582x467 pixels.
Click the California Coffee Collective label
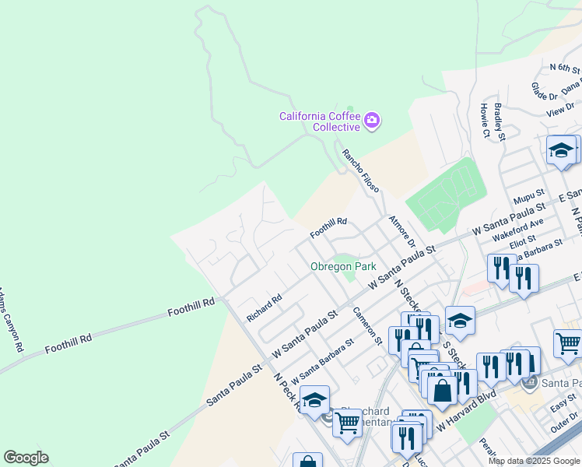coord(320,121)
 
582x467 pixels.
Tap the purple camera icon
coord(372,120)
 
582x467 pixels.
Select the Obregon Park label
coord(343,266)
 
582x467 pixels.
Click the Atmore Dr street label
coord(403,231)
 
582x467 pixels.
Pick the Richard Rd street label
coord(264,308)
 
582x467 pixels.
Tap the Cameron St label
coord(367,325)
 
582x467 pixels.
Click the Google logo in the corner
coord(26,457)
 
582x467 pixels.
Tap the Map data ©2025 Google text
coord(534,461)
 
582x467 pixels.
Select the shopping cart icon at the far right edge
coord(568,343)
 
